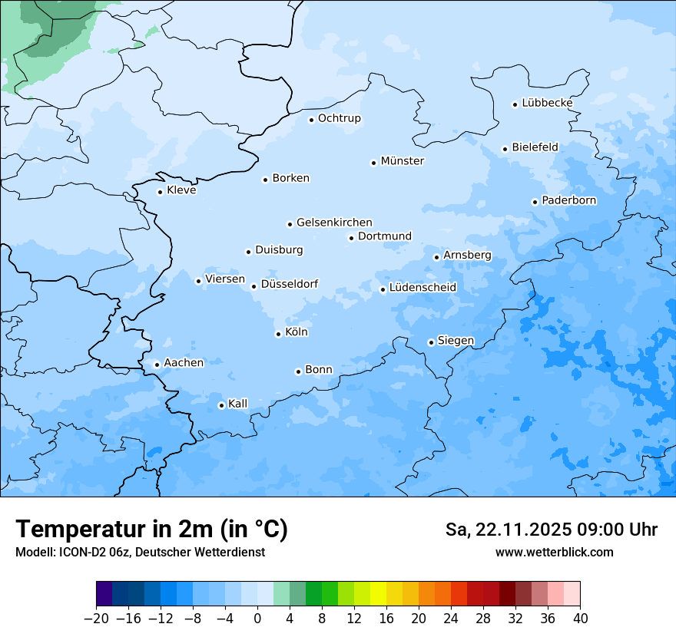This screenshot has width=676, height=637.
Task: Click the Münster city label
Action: point(402,161)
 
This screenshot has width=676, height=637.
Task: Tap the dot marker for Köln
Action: point(278,334)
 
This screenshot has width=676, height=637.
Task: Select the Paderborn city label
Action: point(568,200)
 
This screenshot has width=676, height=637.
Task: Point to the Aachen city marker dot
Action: point(157,365)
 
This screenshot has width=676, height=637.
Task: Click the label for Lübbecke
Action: point(547,103)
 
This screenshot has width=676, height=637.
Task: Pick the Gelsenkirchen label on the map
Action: point(334,223)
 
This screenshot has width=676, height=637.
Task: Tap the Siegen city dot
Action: point(431,342)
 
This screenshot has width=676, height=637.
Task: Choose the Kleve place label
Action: point(181,190)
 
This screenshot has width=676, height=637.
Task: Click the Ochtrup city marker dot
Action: point(311,119)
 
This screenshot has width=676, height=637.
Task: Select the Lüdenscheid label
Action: point(422,288)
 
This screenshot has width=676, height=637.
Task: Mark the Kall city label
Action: point(237,404)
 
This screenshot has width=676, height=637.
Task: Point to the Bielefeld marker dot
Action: point(505,149)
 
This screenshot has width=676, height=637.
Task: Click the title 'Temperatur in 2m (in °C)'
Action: point(151,530)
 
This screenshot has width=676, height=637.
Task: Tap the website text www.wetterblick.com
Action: point(554,552)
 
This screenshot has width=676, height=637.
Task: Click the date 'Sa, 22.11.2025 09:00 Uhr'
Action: point(551,530)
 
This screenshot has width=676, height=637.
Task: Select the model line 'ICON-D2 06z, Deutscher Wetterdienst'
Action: point(140,552)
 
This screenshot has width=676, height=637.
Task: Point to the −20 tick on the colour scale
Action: point(97,619)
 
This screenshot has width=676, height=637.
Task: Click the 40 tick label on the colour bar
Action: point(580,619)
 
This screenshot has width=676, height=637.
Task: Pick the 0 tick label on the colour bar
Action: point(257,619)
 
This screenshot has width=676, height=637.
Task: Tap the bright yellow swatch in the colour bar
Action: point(378,594)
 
